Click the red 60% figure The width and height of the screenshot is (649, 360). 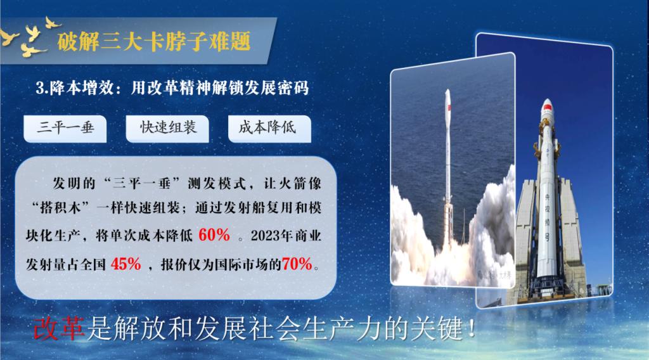pyautogui.click(x=214, y=235)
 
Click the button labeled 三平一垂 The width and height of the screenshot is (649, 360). pyautogui.click(x=65, y=129)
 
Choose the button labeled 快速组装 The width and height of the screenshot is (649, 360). pyautogui.click(x=167, y=129)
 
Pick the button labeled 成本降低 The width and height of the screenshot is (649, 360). pyautogui.click(x=269, y=129)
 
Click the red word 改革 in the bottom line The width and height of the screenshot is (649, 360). pyautogui.click(x=59, y=329)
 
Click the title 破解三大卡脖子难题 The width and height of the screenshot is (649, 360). pyautogui.click(x=154, y=41)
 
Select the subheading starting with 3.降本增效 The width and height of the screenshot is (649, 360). pyautogui.click(x=172, y=87)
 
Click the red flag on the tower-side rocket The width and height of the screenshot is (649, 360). pyautogui.click(x=547, y=108)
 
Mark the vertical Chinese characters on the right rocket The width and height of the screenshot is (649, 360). pyautogui.click(x=547, y=218)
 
